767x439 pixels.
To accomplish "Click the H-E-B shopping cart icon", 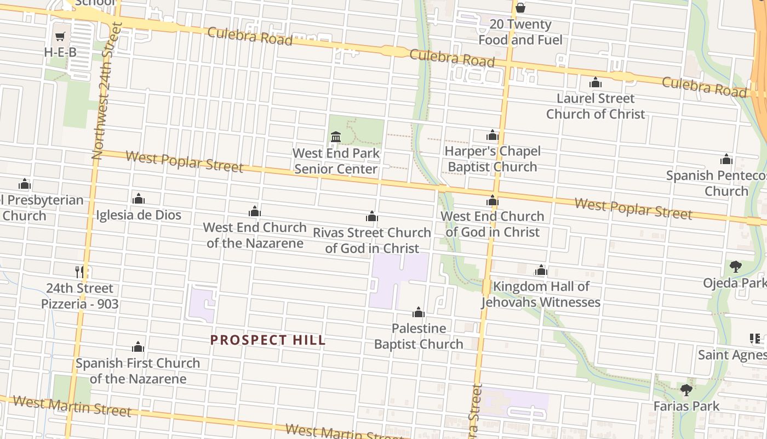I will pos(60,37).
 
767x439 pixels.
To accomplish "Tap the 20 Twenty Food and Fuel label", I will pos(520,32).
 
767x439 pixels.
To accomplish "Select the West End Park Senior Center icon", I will pos(336,137).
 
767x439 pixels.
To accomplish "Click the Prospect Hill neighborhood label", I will pos(268,340).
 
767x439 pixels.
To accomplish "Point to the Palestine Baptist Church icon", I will pos(419,313).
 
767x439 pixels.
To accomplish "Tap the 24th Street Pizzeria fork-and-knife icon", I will pos(80,271).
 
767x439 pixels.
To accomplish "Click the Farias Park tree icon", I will pos(686,390).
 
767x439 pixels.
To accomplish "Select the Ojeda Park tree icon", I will pos(735,267).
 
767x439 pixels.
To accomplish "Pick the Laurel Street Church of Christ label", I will pos(596,106).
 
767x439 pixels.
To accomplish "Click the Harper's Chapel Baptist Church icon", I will pos(492,135).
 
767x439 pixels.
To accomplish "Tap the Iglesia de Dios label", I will pos(139,215).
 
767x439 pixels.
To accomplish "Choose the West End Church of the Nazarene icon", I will pos(255,211).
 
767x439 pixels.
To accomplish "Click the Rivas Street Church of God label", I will pos(372,240).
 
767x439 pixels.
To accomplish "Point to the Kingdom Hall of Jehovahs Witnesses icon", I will pos(541,270).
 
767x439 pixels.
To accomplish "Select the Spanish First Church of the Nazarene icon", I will pos(138,347).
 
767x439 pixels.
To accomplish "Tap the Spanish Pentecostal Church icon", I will pos(726,160).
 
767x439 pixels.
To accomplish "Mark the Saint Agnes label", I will pos(732,355).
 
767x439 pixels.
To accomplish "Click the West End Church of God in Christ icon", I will pos(493,201).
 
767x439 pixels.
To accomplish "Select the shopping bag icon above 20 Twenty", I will pos(520,8).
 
